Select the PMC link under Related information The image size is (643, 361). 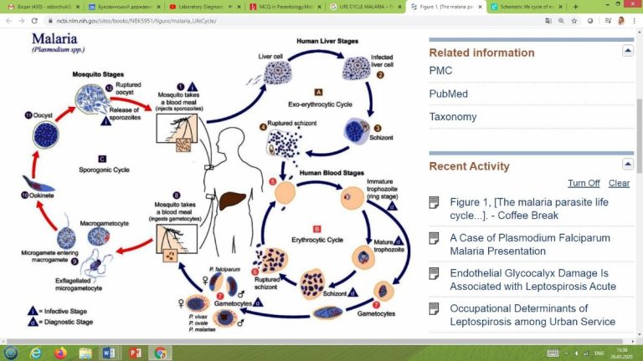(x=440, y=71)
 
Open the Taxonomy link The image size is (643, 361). (x=453, y=117)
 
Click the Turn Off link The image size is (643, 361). (x=584, y=183)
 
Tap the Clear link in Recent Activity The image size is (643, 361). (x=619, y=183)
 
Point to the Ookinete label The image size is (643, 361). (x=39, y=195)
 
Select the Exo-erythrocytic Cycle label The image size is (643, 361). (x=319, y=103)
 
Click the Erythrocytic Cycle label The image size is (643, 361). (x=316, y=240)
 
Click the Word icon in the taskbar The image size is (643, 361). (x=110, y=353)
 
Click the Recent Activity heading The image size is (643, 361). (x=469, y=166)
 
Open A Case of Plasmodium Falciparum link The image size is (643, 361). (x=524, y=244)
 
